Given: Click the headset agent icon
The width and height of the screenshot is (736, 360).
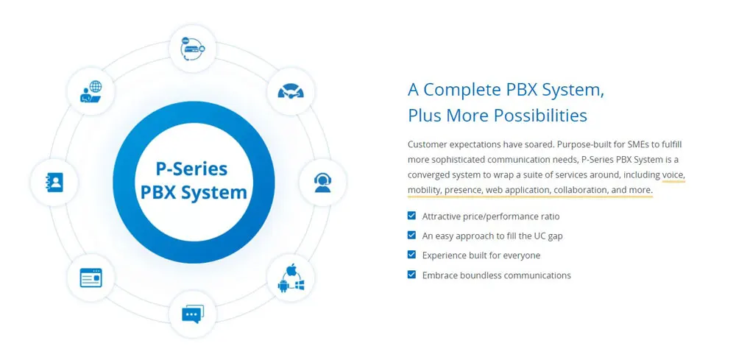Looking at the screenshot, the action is [x=322, y=182].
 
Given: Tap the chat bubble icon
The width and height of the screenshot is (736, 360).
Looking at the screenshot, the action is [x=192, y=314].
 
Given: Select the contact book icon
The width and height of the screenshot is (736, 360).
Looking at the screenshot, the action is [x=54, y=182].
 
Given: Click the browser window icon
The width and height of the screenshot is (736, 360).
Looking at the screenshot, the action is [x=91, y=278].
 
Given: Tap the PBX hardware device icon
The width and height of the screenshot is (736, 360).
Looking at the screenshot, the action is [x=192, y=49].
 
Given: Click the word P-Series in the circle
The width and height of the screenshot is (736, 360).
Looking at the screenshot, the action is [x=192, y=168].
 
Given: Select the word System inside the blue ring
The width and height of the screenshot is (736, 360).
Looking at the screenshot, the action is [x=218, y=193].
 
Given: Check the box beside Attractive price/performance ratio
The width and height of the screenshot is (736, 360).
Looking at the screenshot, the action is [x=411, y=216].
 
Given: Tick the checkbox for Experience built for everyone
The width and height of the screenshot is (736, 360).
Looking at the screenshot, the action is [x=411, y=255].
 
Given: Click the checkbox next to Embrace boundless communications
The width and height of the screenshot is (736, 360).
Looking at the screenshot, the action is [x=411, y=275].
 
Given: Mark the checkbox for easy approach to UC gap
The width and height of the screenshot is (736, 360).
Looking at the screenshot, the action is [x=411, y=236].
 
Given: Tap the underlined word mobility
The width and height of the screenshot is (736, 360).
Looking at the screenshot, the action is [x=424, y=190].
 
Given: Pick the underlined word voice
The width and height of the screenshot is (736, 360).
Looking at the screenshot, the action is [x=673, y=174].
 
